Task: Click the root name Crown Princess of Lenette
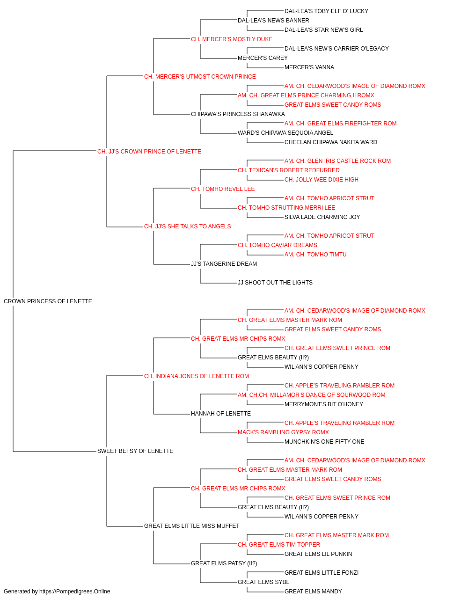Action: (x=48, y=301)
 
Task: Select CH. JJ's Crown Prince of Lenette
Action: (x=149, y=152)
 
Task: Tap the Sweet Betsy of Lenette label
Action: (x=135, y=451)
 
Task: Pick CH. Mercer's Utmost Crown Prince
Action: (x=200, y=77)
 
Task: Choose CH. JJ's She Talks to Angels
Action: (x=187, y=226)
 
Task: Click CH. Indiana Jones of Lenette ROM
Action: (x=196, y=376)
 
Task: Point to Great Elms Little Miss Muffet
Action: (x=191, y=526)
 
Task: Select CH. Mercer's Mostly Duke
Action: (x=232, y=39)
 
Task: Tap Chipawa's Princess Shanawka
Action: (x=238, y=114)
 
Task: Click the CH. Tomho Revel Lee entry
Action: (x=223, y=189)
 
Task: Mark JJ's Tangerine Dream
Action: (x=224, y=264)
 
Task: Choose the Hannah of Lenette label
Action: (x=221, y=414)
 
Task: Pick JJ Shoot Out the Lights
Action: (x=275, y=283)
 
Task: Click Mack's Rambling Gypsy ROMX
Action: (x=283, y=432)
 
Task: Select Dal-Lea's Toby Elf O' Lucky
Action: (x=326, y=11)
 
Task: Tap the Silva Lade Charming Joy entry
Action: (x=322, y=217)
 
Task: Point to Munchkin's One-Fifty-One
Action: (x=324, y=442)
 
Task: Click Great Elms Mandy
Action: (x=313, y=592)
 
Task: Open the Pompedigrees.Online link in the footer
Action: (x=74, y=592)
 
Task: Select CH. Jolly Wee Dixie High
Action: (x=322, y=179)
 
